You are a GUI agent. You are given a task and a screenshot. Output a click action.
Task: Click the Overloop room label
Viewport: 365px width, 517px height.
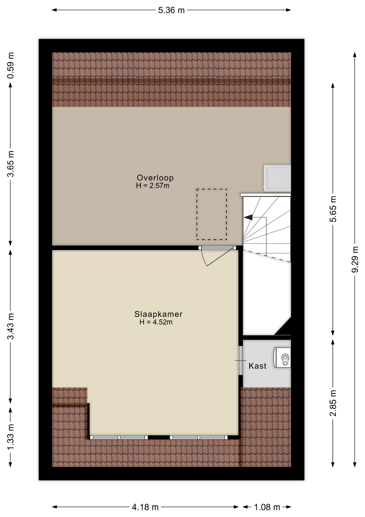[155, 178]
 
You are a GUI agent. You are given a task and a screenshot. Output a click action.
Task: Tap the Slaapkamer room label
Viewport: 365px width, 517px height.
[158, 314]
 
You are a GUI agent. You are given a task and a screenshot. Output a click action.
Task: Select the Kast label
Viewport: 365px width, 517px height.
[257, 366]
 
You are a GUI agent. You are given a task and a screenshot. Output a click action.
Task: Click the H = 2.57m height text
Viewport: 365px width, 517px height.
[153, 186]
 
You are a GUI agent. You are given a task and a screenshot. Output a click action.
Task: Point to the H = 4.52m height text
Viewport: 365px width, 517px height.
[156, 322]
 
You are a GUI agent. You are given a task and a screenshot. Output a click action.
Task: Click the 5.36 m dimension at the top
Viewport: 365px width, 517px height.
[171, 10]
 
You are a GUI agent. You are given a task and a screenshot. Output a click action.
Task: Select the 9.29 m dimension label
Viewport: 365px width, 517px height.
[355, 259]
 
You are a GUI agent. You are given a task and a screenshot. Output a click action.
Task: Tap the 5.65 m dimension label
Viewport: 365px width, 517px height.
[333, 209]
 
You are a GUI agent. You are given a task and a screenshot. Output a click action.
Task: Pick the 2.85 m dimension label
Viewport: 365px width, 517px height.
[333, 403]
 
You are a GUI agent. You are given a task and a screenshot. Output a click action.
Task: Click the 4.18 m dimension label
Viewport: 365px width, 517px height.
[145, 507]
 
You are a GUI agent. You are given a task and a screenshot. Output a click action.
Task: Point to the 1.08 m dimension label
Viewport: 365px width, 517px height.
[267, 507]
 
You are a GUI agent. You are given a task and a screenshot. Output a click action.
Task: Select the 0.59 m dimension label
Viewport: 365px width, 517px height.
[11, 65]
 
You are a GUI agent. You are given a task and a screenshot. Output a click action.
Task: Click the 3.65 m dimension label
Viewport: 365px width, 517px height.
[11, 164]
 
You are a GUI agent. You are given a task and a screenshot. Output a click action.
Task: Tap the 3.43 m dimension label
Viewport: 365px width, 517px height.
[11, 326]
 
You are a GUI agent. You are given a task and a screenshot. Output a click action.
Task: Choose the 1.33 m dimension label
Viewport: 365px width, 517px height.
[11, 436]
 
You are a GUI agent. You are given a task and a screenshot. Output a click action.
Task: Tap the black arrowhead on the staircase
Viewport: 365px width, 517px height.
[248, 217]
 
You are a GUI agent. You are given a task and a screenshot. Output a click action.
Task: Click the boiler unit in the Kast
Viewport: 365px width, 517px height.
[282, 358]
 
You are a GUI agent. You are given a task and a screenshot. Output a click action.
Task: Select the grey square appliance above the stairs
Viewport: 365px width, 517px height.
[277, 178]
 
